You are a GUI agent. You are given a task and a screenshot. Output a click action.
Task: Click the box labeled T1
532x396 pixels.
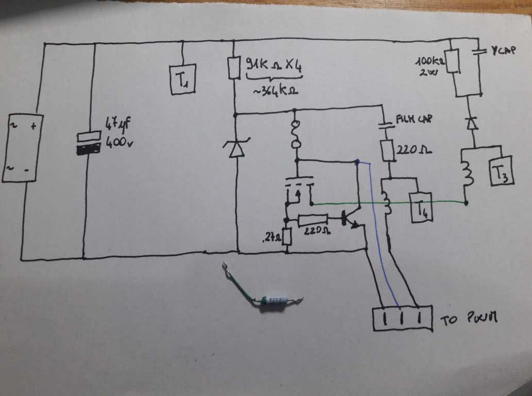point(182,79)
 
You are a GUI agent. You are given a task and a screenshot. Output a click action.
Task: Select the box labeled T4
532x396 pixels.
point(422,207)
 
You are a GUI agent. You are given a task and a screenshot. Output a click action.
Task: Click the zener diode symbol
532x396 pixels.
point(236,147)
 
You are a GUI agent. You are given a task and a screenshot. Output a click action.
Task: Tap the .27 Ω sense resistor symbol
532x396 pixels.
point(287,237)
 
